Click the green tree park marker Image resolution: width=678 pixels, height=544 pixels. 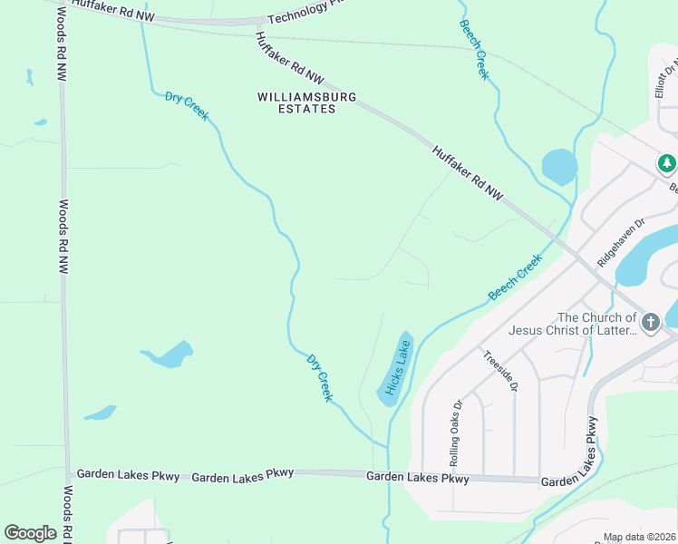(x=667, y=163)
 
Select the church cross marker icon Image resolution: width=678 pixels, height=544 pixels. (x=650, y=323)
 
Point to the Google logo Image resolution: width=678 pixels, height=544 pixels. (x=30, y=533)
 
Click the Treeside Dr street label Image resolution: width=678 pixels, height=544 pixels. (x=500, y=371)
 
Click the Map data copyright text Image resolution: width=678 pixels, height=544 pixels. (x=639, y=537)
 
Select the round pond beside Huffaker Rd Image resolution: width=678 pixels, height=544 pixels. (x=558, y=167)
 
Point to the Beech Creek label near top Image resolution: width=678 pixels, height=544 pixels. (x=474, y=50)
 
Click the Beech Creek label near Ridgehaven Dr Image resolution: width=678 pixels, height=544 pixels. (x=515, y=277)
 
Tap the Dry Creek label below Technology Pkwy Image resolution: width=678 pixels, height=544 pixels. (x=187, y=105)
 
